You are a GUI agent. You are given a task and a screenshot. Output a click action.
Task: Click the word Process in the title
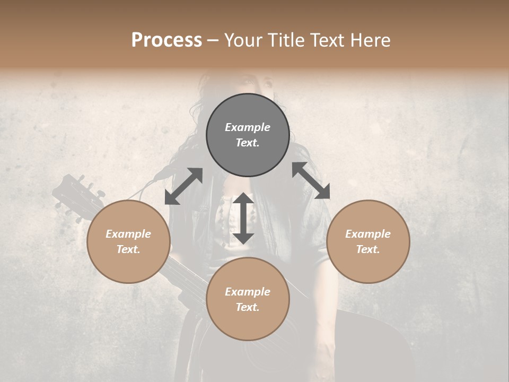click(x=166, y=40)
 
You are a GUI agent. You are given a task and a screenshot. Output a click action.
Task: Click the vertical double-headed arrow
click(x=243, y=218)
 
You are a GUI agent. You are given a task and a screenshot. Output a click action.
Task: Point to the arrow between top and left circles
click(x=183, y=186)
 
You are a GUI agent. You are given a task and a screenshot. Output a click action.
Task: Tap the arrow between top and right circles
click(x=311, y=180)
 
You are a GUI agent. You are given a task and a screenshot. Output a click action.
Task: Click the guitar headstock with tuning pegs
click(x=77, y=196)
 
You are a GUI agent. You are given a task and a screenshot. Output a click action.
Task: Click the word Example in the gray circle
click(x=248, y=127)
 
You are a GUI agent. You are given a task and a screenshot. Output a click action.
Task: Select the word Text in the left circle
click(x=128, y=249)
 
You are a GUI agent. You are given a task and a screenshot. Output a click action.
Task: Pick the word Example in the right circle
click(x=368, y=234)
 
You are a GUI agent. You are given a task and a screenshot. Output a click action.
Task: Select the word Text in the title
click(x=329, y=40)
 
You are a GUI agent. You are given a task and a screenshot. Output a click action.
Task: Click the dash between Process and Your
click(x=213, y=41)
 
